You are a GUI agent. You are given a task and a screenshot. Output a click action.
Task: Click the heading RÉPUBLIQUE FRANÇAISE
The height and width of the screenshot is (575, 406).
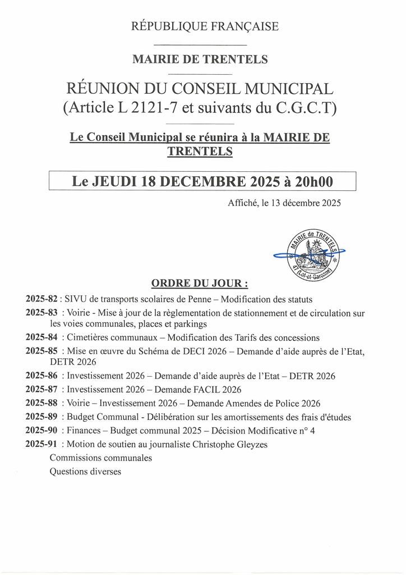(x=205, y=27)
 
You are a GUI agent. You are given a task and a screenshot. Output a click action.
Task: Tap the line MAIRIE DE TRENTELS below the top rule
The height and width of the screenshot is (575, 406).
(x=200, y=59)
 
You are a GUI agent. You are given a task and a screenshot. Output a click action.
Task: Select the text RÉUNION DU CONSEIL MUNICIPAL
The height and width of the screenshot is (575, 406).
(x=200, y=88)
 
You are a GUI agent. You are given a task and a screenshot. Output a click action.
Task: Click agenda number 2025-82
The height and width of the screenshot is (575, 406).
(x=41, y=299)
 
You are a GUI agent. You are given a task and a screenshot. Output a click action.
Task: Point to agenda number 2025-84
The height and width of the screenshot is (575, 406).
(x=41, y=337)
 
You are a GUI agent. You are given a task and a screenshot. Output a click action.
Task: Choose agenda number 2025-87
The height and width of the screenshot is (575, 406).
(x=41, y=389)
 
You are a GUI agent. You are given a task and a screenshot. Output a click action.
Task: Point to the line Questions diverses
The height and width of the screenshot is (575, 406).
(x=85, y=472)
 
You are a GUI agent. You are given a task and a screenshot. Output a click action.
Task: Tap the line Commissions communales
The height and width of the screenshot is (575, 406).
(x=101, y=458)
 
